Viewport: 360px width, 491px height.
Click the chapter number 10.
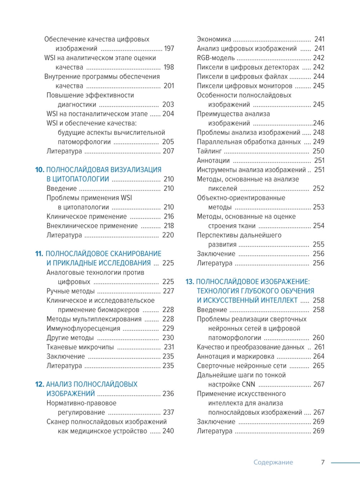pos(40,170)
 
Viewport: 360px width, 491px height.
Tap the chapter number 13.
pos(190,281)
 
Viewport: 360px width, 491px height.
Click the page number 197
pos(169,49)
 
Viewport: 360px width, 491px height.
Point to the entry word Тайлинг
pos(209,151)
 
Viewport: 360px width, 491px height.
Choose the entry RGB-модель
pos(216,58)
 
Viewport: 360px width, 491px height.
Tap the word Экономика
pos(214,39)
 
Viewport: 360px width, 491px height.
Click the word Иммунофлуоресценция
pos(83,328)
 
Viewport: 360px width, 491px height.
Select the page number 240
pos(168,431)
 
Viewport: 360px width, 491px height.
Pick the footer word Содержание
pos(273,462)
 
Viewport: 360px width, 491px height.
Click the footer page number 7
pos(323,462)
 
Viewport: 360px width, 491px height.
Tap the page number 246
pos(319,123)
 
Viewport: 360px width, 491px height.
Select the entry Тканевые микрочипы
pos(80,347)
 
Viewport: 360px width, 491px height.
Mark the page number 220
pos(168,235)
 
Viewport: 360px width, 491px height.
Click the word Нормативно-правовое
pos(81,403)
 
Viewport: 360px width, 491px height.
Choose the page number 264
pos(319,356)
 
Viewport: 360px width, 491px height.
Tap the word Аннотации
pos(213,161)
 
